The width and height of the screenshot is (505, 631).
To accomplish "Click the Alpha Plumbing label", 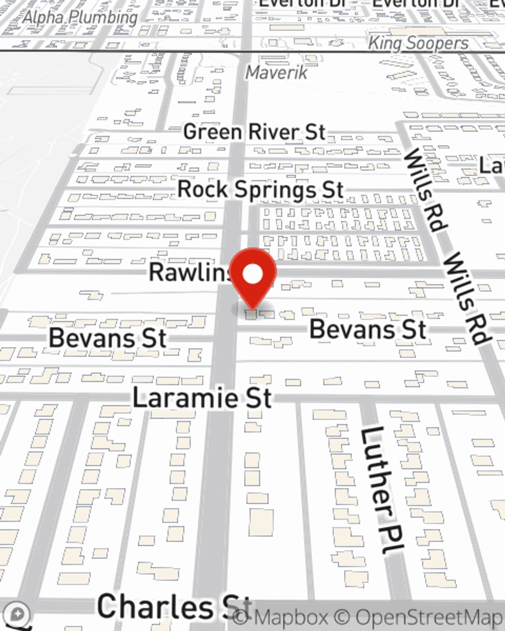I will pos(81,18).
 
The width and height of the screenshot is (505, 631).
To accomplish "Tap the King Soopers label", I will pos(418,43).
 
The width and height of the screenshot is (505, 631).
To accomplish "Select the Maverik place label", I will pos(276,73).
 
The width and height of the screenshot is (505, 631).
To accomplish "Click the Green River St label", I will pos(255,132).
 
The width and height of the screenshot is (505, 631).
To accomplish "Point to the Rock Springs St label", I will pos(261,190).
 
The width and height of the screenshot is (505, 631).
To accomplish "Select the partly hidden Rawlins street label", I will pos(189,273).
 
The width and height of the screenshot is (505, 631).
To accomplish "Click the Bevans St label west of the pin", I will pos(108,338).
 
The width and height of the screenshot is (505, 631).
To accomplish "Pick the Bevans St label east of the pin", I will pos(368,330).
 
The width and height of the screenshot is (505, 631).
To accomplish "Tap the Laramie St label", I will pos(202,398).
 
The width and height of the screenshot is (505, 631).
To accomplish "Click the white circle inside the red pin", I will pos(253,275).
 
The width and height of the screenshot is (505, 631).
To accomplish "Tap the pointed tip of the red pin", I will pos(252,308).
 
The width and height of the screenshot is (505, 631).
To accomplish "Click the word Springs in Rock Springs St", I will pos(276,190).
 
